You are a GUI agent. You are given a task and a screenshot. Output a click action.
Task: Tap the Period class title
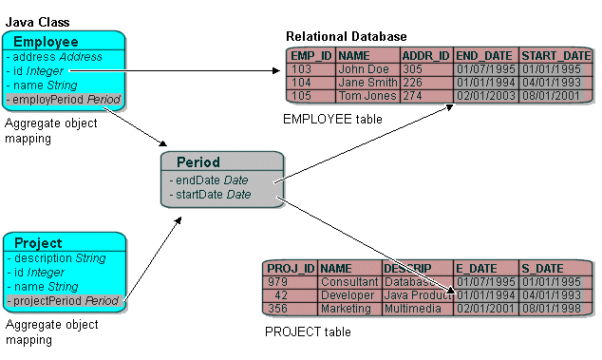coord(198,162)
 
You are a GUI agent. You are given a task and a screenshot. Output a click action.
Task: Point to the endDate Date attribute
coord(209,180)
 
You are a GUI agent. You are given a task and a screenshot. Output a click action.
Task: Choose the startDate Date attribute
coord(212,195)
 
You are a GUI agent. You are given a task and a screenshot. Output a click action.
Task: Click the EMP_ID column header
coord(310,56)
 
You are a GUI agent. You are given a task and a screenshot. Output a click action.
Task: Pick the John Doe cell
coord(364,69)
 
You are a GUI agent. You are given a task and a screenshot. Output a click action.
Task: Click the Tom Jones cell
coord(367,96)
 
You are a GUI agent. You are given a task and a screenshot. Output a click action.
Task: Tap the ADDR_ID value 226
coord(412,83)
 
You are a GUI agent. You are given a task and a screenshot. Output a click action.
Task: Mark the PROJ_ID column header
coord(290,269)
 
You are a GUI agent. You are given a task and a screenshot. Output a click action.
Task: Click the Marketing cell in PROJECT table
coord(346,308)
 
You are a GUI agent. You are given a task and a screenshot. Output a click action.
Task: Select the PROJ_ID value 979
coord(277,282)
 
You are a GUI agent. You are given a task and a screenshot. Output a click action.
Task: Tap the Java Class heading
coord(37,22)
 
